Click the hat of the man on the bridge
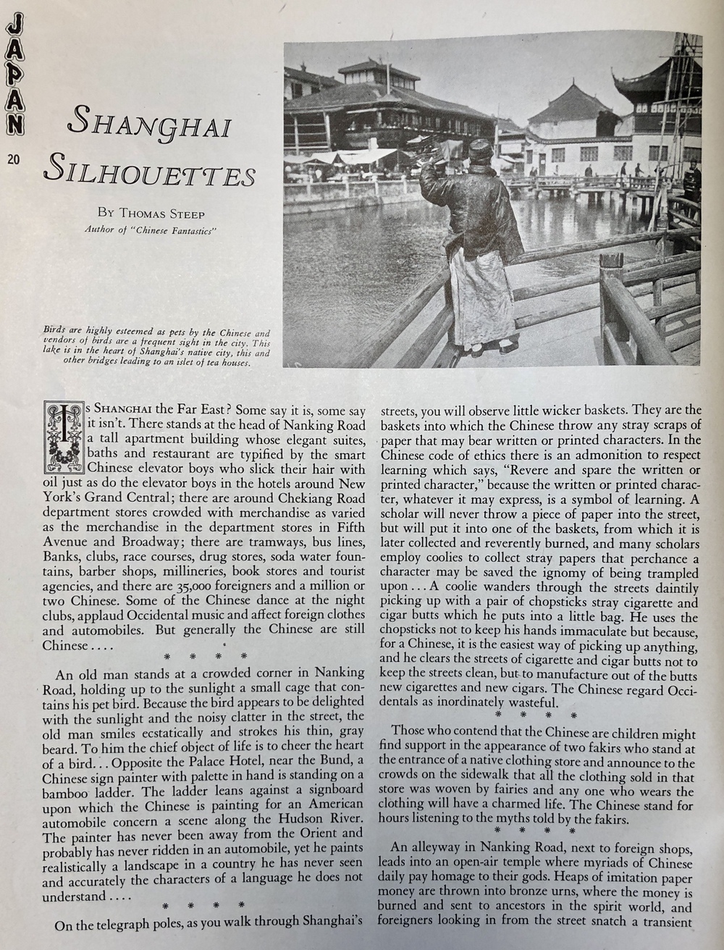(x=479, y=149)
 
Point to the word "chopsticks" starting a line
(x=413, y=632)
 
